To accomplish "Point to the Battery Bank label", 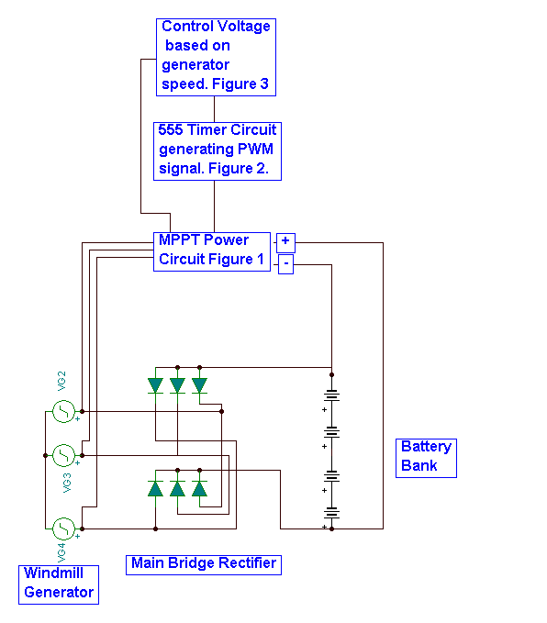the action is pyautogui.click(x=426, y=458).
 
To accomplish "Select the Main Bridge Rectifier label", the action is pyautogui.click(x=204, y=565).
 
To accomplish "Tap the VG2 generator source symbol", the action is pyautogui.click(x=63, y=411).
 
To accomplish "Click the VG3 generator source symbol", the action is pyautogui.click(x=63, y=455).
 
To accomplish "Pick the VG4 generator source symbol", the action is pyautogui.click(x=63, y=528).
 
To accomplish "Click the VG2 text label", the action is pyautogui.click(x=61, y=381).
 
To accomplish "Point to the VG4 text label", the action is pyautogui.click(x=61, y=553).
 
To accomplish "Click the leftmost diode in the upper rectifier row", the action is pyautogui.click(x=155, y=385).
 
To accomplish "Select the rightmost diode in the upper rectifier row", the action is pyautogui.click(x=199, y=385).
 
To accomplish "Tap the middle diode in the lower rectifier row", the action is pyautogui.click(x=177, y=488).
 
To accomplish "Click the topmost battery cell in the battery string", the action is pyautogui.click(x=331, y=395).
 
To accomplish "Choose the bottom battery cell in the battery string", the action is pyautogui.click(x=331, y=513).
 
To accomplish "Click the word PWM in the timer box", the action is pyautogui.click(x=255, y=149).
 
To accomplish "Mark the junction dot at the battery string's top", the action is pyautogui.click(x=331, y=374).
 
